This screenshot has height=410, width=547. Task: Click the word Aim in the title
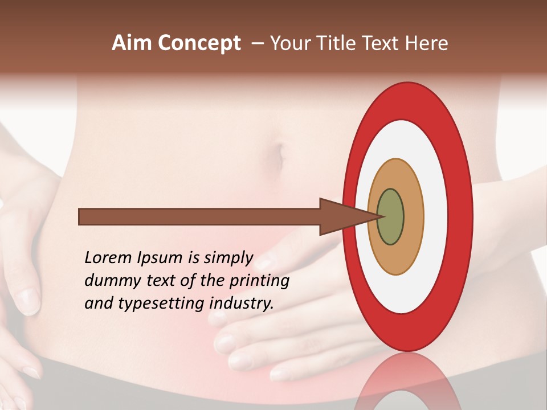pyautogui.click(x=130, y=43)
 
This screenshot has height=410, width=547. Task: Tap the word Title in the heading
pyautogui.click(x=342, y=43)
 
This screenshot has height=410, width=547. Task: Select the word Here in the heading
pyautogui.click(x=426, y=43)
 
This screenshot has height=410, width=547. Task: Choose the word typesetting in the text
pyautogui.click(x=162, y=304)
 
